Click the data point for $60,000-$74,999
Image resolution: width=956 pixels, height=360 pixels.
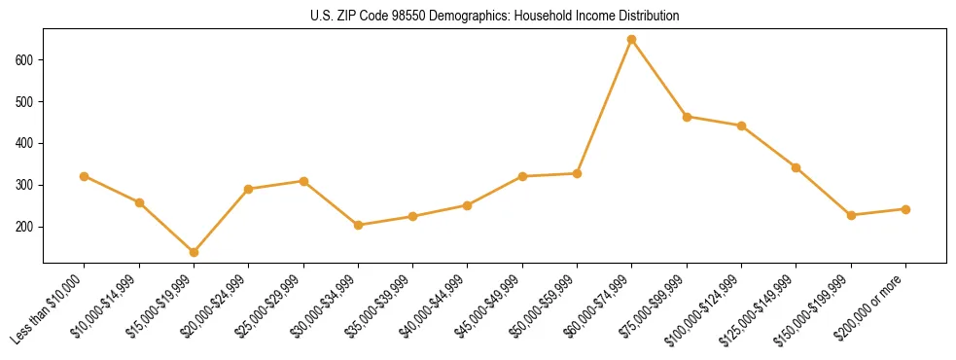[x=632, y=40]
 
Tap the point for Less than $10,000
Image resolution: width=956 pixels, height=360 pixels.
[x=85, y=176]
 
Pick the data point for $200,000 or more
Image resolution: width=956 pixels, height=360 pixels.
[x=905, y=209]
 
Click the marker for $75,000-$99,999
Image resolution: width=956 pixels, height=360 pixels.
[x=687, y=117]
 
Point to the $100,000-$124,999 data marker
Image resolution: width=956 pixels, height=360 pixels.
[x=741, y=126]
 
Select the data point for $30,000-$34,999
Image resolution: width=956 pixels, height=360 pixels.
[x=358, y=225]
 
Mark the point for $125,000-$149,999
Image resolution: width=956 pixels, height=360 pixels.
[x=797, y=167]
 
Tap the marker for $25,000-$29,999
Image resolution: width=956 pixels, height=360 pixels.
[x=303, y=181]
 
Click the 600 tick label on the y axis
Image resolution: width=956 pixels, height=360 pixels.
[x=26, y=60]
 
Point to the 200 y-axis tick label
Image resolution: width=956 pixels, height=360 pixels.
[x=26, y=227]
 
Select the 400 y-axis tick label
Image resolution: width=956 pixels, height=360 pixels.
[x=26, y=144]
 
